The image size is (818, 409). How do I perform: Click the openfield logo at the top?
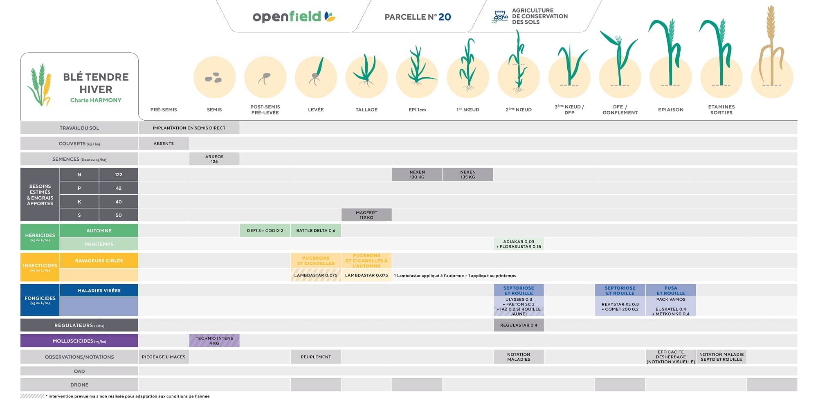click(x=293, y=17)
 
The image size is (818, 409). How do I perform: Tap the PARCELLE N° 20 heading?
click(x=418, y=17)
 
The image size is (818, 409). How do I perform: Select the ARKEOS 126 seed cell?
click(x=214, y=159)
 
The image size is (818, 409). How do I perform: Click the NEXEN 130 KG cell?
click(x=417, y=175)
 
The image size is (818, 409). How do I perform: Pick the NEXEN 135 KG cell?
click(x=468, y=175)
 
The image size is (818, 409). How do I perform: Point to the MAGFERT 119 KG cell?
click(x=366, y=215)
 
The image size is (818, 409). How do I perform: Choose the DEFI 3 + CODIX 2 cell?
click(x=265, y=231)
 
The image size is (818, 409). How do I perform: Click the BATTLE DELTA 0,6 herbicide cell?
click(x=316, y=231)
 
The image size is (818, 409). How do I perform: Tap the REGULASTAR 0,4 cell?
click(x=519, y=326)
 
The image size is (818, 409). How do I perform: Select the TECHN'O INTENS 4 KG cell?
click(x=214, y=341)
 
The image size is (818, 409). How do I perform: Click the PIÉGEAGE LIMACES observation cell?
click(x=164, y=357)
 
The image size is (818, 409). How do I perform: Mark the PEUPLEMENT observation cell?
click(x=316, y=357)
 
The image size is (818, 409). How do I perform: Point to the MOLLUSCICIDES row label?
click(x=79, y=341)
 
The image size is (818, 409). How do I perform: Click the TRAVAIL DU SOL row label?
click(x=79, y=128)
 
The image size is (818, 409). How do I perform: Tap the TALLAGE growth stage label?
click(x=366, y=110)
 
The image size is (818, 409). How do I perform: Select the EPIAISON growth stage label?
click(x=671, y=110)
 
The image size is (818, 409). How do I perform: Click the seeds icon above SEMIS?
click(x=213, y=78)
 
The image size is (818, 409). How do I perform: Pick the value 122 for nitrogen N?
click(x=119, y=175)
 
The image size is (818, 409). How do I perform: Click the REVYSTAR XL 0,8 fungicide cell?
click(x=620, y=307)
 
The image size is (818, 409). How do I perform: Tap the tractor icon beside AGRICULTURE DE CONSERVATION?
click(x=500, y=16)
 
